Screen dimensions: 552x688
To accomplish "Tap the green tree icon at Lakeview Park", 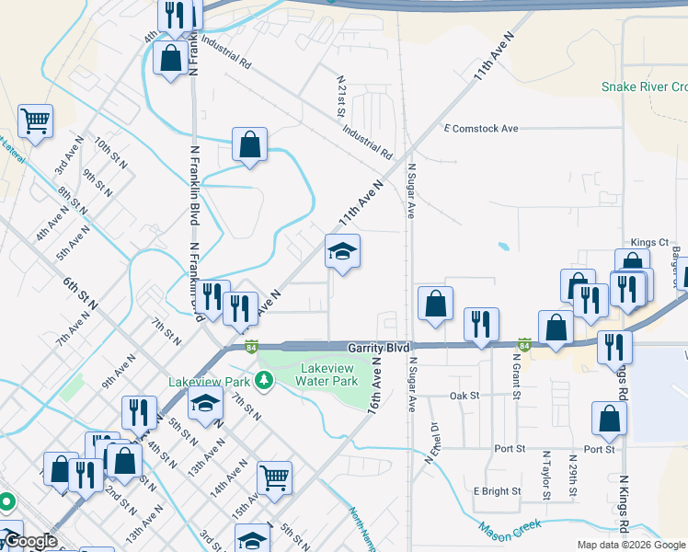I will [264, 380].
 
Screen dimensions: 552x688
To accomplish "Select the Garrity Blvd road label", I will [377, 349].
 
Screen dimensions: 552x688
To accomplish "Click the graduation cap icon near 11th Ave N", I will [342, 253].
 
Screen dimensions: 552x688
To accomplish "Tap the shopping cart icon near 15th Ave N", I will [274, 478].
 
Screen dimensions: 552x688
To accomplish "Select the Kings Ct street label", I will [648, 242].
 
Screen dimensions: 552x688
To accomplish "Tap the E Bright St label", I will [497, 491].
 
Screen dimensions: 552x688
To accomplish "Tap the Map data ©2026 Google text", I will [630, 545].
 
